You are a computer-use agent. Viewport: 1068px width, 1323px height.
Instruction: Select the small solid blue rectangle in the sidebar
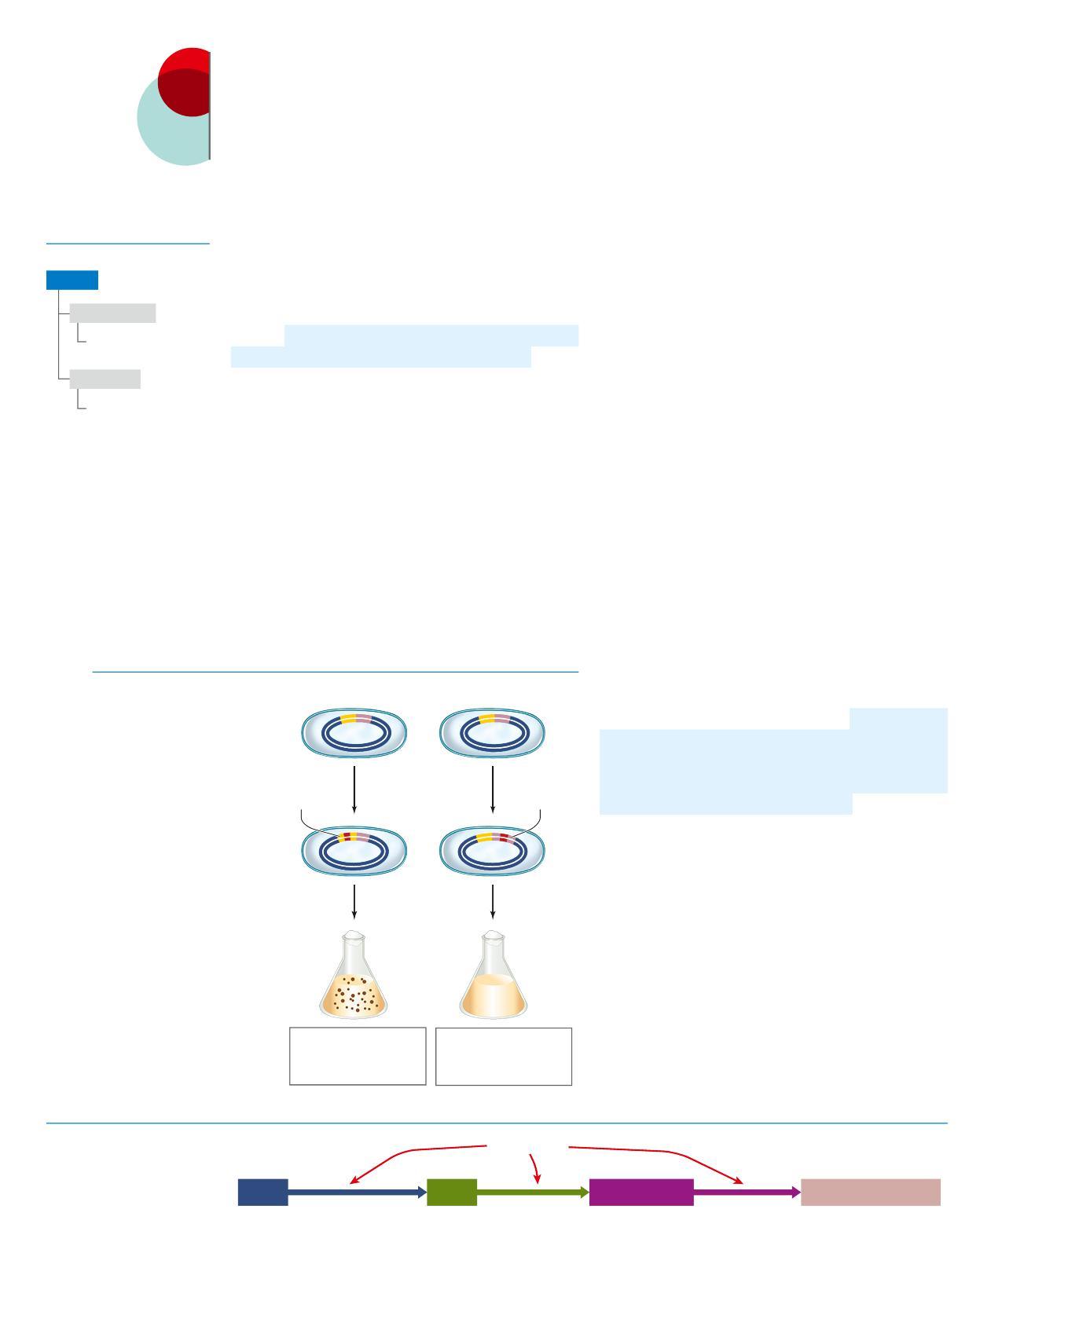[x=72, y=280]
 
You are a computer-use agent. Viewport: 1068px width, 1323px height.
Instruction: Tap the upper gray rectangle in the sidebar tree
[x=112, y=313]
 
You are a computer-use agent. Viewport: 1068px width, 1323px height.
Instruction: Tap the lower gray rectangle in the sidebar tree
[x=105, y=379]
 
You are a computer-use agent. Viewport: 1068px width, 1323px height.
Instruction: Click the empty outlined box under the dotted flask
[x=358, y=1056]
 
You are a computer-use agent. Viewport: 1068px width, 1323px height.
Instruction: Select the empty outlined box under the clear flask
[x=504, y=1057]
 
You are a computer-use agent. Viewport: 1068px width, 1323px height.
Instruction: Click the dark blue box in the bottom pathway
[x=262, y=1192]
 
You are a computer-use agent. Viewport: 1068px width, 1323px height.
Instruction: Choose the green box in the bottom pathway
[x=452, y=1192]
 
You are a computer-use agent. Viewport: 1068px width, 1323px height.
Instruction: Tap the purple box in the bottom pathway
[x=641, y=1192]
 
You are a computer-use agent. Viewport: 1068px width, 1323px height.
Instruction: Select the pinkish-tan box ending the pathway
[x=871, y=1192]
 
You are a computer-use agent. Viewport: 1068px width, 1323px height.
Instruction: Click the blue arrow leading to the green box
[x=358, y=1193]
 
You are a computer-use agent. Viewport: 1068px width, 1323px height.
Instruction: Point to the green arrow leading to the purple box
[x=533, y=1193]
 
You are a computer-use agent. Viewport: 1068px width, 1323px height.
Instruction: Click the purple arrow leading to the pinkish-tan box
[x=747, y=1193]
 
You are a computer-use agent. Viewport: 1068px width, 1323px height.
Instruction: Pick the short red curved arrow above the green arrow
[x=536, y=1168]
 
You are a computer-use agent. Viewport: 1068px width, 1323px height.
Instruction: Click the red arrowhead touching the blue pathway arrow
[x=355, y=1179]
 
